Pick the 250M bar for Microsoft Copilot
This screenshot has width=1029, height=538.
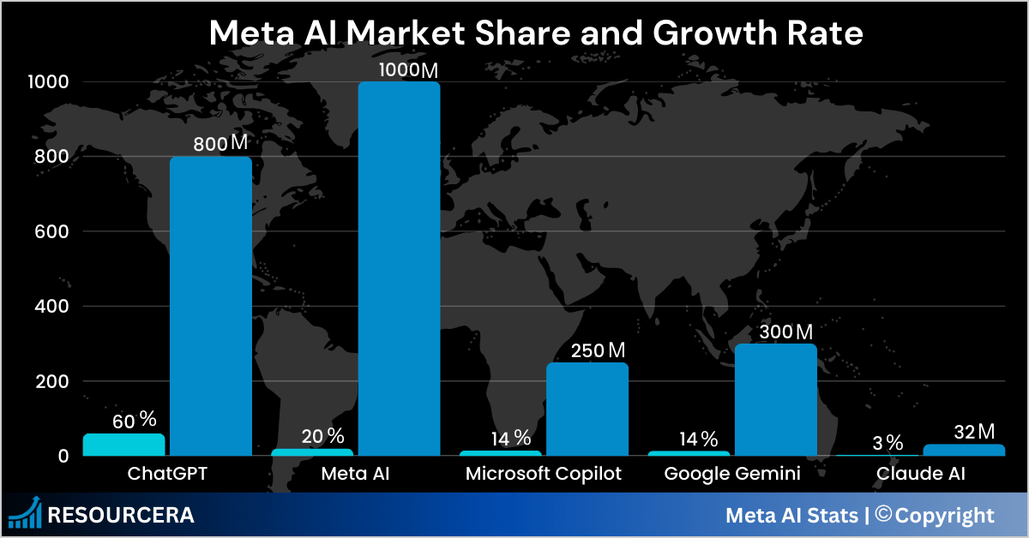click(x=587, y=409)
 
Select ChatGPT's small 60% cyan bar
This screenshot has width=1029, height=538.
click(x=123, y=445)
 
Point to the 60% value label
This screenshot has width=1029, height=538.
click(x=135, y=421)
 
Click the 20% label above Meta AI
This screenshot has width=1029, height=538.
click(x=322, y=436)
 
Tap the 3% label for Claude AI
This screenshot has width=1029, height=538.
click(x=888, y=443)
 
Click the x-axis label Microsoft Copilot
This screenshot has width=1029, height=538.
click(x=544, y=473)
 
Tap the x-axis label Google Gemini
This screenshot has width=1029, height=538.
click(x=732, y=473)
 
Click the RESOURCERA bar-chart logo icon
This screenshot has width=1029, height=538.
click(x=26, y=514)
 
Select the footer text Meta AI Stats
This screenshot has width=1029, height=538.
click(x=791, y=516)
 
